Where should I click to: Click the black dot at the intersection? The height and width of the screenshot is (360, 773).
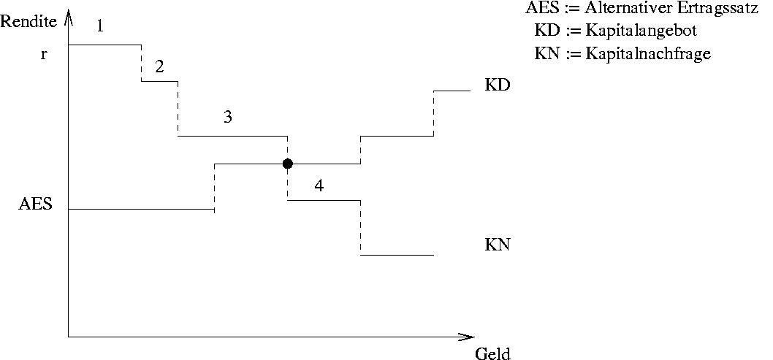coord(288,164)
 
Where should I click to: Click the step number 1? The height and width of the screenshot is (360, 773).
coord(100,27)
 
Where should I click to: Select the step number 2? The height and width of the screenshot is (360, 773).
coord(159,66)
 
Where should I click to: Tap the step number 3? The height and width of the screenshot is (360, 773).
coord(228,117)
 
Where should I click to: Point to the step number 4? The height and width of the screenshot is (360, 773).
coord(319,185)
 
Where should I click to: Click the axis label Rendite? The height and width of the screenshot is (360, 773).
coord(28,21)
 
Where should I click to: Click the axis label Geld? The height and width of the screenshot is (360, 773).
coord(492,354)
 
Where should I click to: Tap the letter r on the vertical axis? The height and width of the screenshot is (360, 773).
coord(44,54)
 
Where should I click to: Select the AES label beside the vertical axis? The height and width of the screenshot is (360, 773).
coord(35,204)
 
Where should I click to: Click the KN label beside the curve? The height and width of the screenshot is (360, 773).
coord(497,245)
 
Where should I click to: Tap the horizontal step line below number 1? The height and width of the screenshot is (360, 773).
coord(104,45)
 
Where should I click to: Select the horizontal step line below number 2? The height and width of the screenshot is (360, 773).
coord(159,81)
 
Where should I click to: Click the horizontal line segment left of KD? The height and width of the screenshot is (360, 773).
coord(452,91)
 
